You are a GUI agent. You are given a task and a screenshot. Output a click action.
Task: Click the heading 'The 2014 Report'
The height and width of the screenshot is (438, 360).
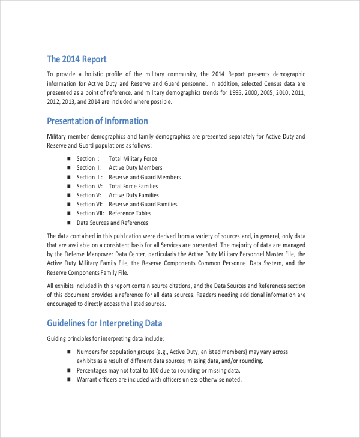[x=77, y=59]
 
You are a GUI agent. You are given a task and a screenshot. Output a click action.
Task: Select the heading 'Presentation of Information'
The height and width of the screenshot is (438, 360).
[x=97, y=121]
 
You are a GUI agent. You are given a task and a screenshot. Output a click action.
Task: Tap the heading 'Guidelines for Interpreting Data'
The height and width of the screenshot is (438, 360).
[x=104, y=323]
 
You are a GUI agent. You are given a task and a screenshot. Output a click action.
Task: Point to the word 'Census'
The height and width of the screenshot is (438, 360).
[x=262, y=83]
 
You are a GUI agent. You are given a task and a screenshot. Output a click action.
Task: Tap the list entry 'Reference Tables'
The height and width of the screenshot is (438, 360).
[x=130, y=213]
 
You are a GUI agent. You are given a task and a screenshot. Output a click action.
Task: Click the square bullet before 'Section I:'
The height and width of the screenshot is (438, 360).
[x=69, y=158]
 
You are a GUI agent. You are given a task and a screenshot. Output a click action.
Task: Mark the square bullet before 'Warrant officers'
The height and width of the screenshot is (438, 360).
[x=69, y=379]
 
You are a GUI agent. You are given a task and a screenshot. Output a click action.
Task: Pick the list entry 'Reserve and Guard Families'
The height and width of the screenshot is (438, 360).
[x=143, y=204]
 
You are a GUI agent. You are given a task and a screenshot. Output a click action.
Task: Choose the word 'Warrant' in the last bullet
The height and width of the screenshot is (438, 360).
[x=88, y=379]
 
